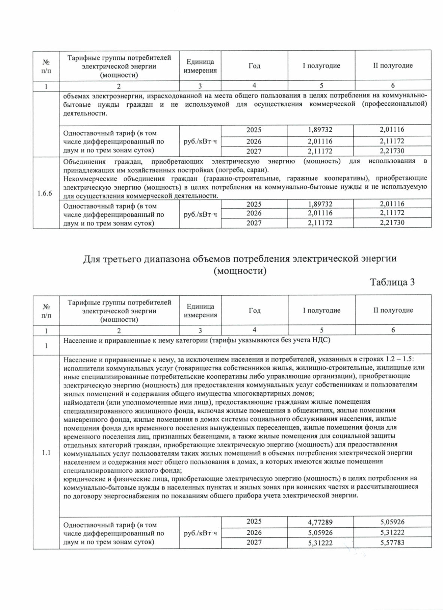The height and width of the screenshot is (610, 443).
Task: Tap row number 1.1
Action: coord(46,453)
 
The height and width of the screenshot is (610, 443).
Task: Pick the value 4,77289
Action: coord(320,522)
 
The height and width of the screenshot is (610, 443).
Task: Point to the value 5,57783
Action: coord(392,543)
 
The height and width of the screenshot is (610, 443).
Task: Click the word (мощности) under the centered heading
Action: coord(240,271)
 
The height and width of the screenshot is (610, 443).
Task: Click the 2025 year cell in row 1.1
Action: coord(254,521)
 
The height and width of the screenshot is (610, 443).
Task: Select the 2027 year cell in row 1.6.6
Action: coord(254,223)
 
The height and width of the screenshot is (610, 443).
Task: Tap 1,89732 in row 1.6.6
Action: coord(320,204)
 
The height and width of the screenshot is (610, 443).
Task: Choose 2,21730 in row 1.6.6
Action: coord(392,223)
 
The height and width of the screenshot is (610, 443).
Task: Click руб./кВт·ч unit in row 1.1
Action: coord(200,533)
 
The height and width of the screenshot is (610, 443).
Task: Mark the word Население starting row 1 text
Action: coord(78,340)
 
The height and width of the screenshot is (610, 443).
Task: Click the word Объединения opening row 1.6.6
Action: coord(84,161)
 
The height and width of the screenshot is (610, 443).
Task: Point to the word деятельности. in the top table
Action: coord(85,113)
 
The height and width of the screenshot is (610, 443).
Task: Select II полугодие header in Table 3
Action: coord(393,310)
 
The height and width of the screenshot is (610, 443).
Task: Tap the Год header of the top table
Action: coord(254,66)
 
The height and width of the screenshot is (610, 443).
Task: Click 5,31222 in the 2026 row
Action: coord(392,533)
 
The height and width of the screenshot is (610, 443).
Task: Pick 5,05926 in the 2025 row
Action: coord(392,522)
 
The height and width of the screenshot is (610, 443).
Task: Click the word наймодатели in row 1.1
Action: coord(81,402)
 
